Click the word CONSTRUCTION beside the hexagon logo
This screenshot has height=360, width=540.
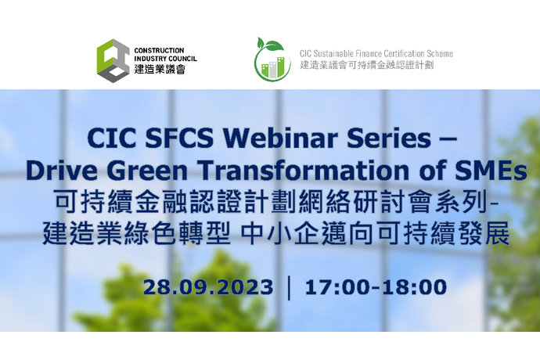coord(159,51)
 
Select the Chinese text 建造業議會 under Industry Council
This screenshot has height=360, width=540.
coord(160,69)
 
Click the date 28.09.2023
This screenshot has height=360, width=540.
coord(208,287)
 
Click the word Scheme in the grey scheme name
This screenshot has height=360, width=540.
coord(440,54)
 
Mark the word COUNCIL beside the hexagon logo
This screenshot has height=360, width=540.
coord(183,59)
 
